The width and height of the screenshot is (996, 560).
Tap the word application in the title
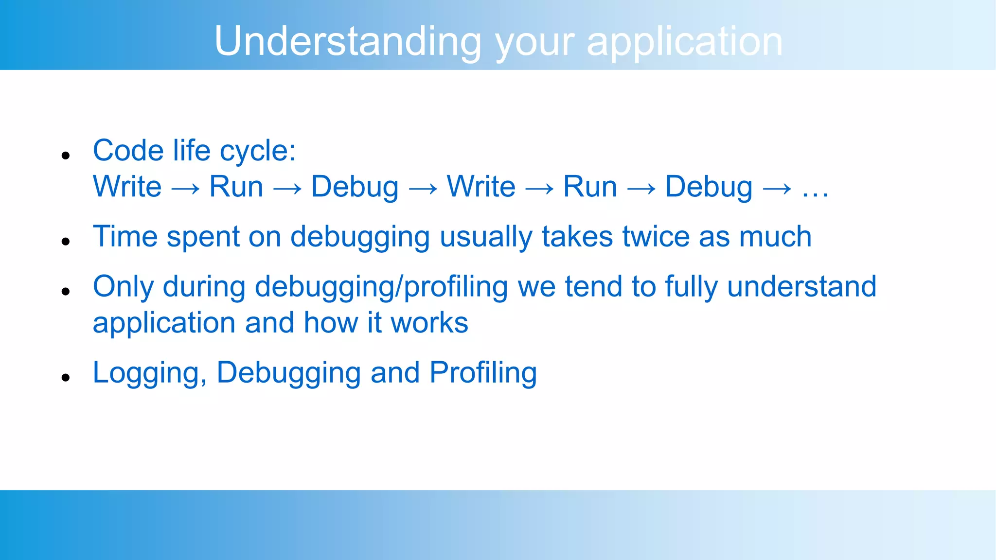point(685,42)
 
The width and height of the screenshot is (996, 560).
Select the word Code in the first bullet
point(128,150)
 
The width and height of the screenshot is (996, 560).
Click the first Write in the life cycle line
point(127,187)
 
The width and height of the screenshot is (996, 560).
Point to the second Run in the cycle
point(590,187)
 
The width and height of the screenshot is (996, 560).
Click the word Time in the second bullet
point(125,237)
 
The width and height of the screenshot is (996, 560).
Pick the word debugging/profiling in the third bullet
point(381,287)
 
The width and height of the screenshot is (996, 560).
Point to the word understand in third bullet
point(801,286)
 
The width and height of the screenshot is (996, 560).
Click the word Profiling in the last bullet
point(483,373)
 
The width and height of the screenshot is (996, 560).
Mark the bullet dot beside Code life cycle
point(66,156)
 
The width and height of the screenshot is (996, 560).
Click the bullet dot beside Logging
point(66,377)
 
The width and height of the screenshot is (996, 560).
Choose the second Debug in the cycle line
point(709,188)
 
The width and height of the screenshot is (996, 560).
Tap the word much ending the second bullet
point(775,237)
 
